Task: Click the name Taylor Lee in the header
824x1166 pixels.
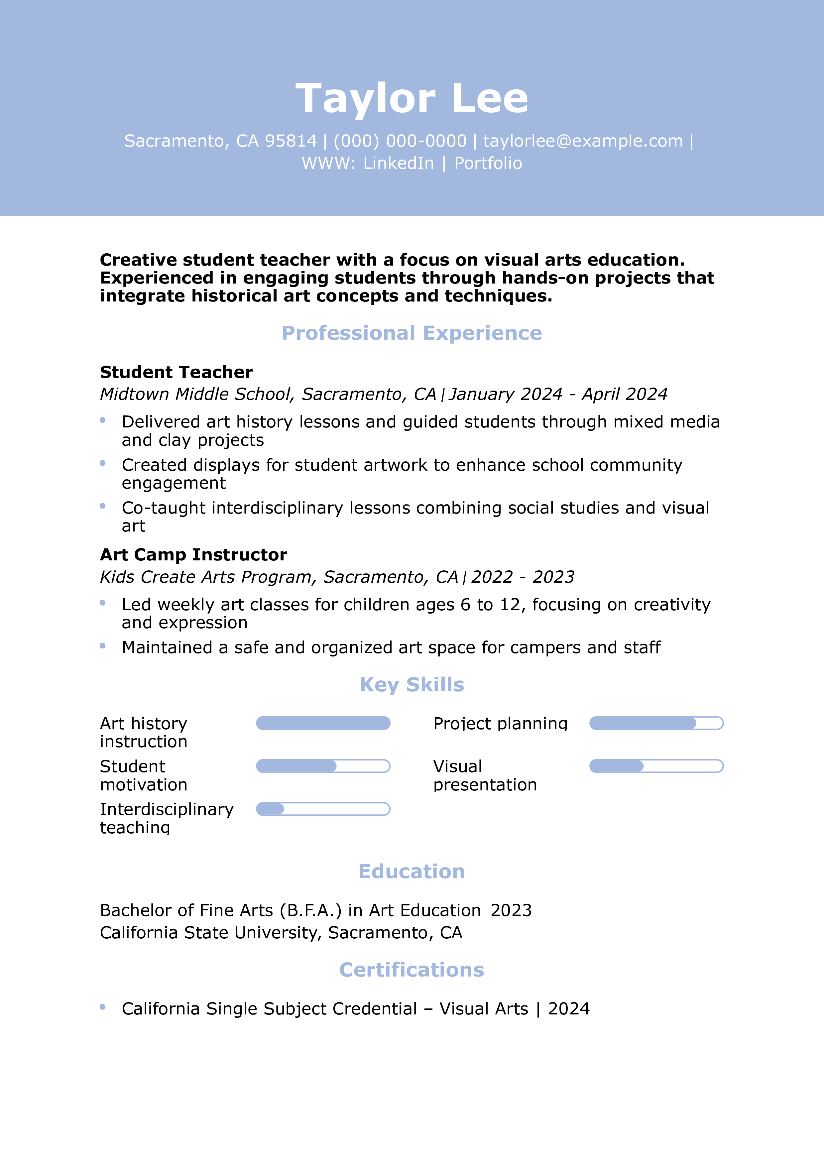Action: [412, 98]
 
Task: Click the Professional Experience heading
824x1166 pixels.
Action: [412, 333]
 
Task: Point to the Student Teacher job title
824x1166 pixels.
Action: [176, 372]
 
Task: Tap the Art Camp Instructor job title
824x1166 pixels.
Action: [193, 554]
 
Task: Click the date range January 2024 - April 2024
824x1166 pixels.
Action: [558, 394]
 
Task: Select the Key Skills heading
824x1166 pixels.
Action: [412, 685]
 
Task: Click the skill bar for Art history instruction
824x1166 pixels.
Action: [323, 723]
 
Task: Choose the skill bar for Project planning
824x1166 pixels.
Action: [656, 723]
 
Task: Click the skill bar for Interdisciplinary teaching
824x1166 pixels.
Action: [323, 809]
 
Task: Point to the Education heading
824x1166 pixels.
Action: [412, 872]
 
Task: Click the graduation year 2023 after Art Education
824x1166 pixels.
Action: [511, 910]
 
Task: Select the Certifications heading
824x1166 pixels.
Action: [412, 970]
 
